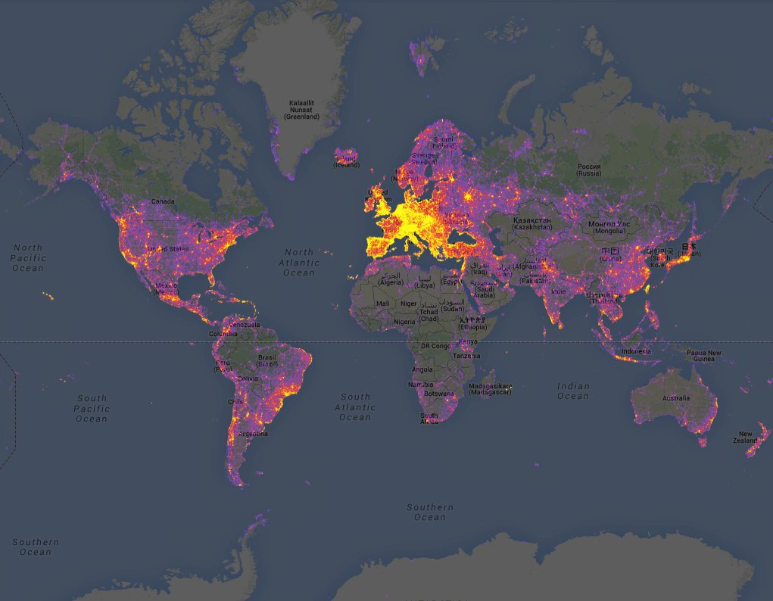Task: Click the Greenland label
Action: click(x=301, y=110)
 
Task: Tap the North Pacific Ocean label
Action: click(x=28, y=258)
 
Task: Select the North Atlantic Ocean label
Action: click(x=299, y=262)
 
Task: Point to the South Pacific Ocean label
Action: click(x=92, y=409)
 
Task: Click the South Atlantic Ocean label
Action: click(x=355, y=407)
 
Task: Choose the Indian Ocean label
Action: click(x=573, y=391)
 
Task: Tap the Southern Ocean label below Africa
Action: click(x=430, y=512)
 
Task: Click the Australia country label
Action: click(x=675, y=398)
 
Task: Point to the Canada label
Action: click(x=163, y=201)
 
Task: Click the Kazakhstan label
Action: click(x=531, y=223)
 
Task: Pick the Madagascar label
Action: click(x=490, y=389)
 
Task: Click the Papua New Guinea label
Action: click(x=703, y=356)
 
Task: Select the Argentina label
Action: click(x=253, y=434)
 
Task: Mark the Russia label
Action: click(x=589, y=170)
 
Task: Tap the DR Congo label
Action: click(x=435, y=346)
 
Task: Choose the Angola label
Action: click(x=422, y=369)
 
